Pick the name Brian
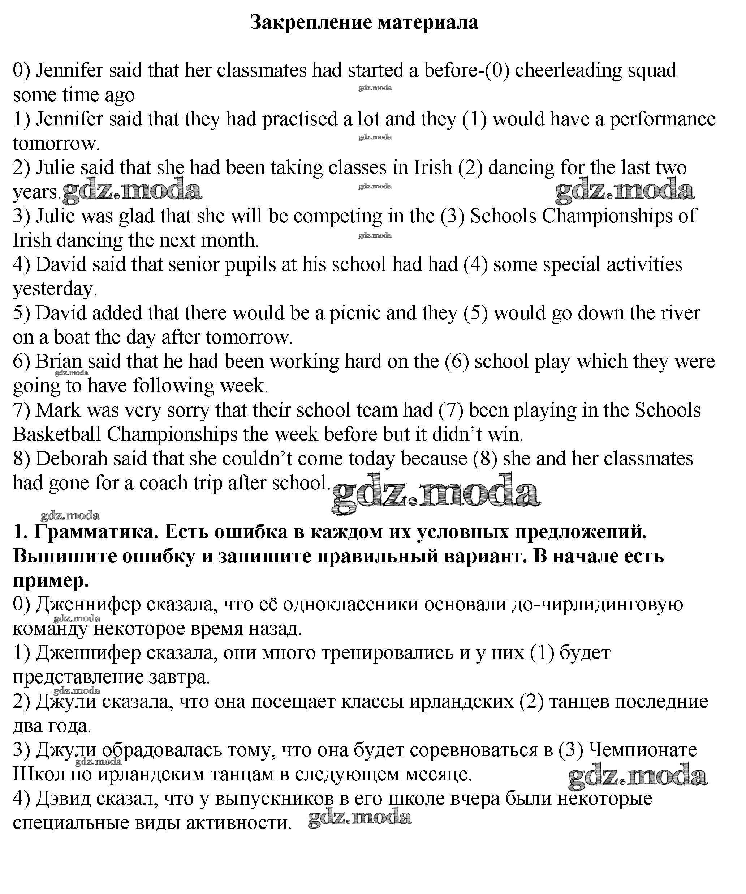[58, 362]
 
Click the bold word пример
[51, 581]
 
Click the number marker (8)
[485, 459]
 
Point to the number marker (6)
[457, 362]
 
